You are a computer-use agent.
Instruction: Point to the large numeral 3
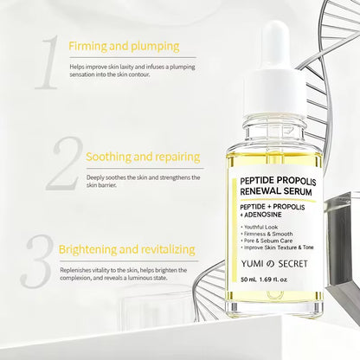coord(38,259)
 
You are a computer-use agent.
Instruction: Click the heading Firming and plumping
coord(124,45)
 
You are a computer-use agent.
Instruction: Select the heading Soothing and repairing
coord(144,157)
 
